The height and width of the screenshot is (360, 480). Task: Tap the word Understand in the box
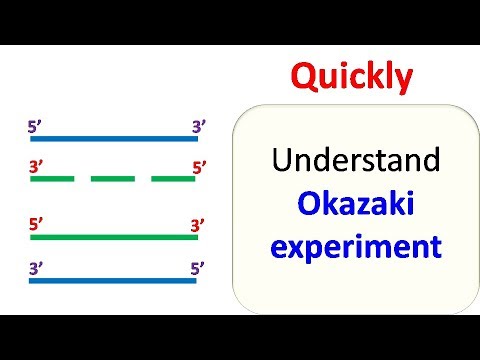[337, 159]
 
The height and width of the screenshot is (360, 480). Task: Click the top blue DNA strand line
[113, 138]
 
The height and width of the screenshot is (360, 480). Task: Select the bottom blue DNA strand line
[113, 280]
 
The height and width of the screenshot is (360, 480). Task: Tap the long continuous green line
[113, 237]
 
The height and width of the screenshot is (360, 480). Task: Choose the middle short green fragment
[112, 179]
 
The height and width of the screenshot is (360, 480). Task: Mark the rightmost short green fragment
[172, 179]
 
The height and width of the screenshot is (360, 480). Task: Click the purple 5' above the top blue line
[37, 126]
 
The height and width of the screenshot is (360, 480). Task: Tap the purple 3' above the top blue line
[198, 126]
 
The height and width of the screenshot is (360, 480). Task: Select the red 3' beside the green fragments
[37, 167]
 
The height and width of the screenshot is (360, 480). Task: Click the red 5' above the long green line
[37, 225]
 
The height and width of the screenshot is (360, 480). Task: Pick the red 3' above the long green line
[198, 225]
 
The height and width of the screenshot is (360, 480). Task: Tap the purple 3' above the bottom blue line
[37, 268]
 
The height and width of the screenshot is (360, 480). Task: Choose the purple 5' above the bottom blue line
[198, 268]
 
